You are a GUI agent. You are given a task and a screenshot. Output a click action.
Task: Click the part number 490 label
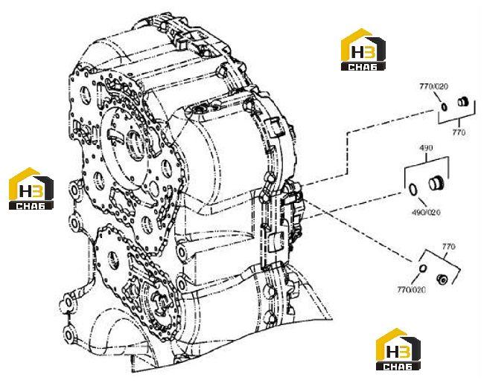[x=426, y=148]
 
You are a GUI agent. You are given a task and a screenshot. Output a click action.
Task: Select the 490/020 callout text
[x=426, y=213]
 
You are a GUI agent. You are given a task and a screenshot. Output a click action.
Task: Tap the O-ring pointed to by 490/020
[x=413, y=190]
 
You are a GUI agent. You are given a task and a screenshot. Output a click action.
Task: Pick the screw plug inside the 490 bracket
[x=436, y=184]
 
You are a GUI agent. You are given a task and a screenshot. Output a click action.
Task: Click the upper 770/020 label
[x=433, y=86]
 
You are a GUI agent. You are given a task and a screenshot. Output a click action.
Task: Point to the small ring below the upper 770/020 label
[x=444, y=106]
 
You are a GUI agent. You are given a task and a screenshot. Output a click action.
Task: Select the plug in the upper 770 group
[x=462, y=101]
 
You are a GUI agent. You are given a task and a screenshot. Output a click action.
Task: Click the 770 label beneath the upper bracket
[x=459, y=132]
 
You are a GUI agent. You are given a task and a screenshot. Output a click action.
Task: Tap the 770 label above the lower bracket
[x=448, y=247]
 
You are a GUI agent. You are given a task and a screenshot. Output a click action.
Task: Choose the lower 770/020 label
[x=412, y=289]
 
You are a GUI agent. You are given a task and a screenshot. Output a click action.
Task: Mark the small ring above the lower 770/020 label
[x=423, y=268]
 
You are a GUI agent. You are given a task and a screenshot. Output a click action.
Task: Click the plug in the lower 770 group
[x=442, y=279]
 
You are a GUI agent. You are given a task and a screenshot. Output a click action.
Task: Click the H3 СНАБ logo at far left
[x=31, y=189]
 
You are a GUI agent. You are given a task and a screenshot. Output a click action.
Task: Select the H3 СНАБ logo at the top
[x=363, y=49]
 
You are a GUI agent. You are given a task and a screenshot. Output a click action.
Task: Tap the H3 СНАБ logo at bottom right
[x=398, y=349]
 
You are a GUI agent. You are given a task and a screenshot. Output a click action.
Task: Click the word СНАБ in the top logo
[x=363, y=67]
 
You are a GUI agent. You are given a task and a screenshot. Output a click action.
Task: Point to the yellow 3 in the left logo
[x=38, y=190]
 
